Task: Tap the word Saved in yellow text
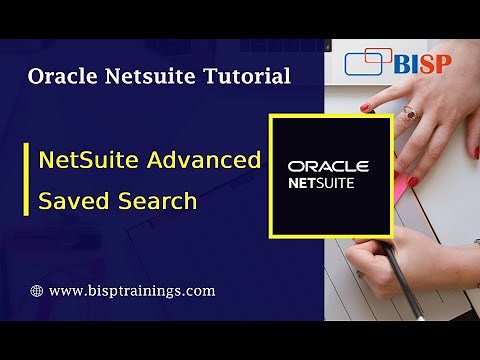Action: [66, 200]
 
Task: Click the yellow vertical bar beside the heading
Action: [26, 178]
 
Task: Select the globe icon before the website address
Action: [37, 291]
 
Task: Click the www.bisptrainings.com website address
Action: [131, 291]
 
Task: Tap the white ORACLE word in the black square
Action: [328, 166]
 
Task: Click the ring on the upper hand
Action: [410, 113]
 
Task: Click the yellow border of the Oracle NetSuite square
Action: [271, 175]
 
